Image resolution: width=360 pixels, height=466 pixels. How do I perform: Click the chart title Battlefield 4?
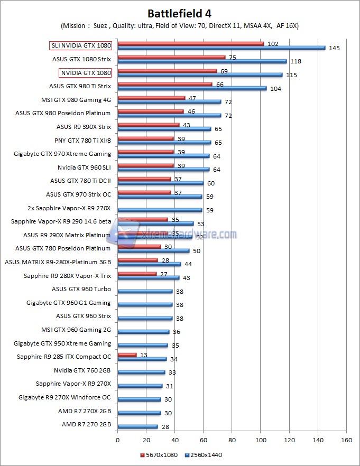tap(180, 13)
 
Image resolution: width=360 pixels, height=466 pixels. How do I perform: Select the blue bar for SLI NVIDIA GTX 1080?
tap(221, 48)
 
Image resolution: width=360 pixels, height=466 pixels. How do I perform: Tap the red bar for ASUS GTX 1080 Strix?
tap(171, 57)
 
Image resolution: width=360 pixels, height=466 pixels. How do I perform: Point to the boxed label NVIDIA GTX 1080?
tap(85, 72)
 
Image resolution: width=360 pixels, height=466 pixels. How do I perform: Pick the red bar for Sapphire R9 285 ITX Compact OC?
tap(127, 355)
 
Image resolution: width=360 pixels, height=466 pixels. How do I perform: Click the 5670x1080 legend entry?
tap(159, 454)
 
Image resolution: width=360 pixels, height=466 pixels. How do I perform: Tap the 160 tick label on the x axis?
tap(347, 439)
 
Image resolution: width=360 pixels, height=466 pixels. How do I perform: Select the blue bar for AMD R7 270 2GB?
tap(137, 426)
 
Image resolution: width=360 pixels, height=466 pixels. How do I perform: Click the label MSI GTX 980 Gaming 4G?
tap(76, 99)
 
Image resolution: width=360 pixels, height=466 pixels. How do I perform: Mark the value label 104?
tap(275, 89)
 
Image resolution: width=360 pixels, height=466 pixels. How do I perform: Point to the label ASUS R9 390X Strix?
tap(84, 127)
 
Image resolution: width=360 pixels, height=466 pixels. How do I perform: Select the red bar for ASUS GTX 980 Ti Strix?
tap(164, 84)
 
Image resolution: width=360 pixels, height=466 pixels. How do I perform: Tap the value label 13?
tap(144, 355)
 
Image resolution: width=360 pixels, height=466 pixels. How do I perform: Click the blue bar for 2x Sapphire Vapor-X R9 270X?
tap(160, 210)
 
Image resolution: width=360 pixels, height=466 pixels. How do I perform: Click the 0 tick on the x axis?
tap(117, 439)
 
